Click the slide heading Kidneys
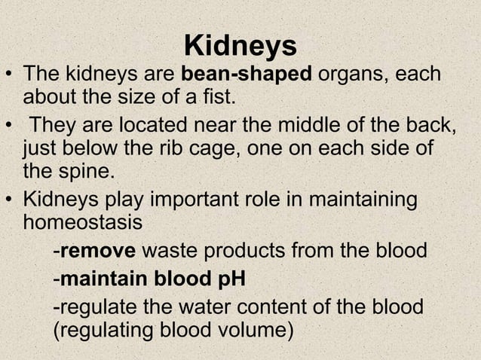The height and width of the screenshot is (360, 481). [240, 47]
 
